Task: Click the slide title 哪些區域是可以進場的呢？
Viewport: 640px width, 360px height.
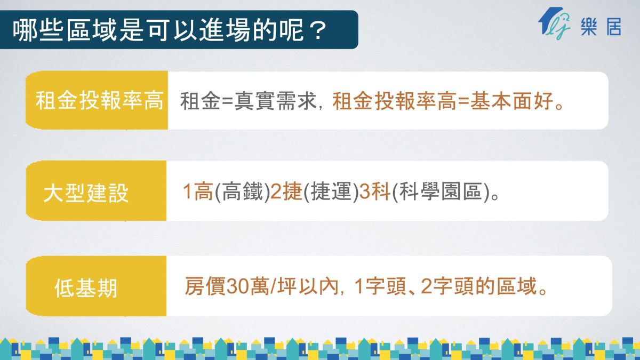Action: coord(170,30)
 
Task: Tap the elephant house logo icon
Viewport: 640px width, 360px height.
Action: coord(554,23)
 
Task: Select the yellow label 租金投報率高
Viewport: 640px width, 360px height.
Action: coord(99,101)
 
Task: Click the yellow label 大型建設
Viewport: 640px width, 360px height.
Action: coord(86,193)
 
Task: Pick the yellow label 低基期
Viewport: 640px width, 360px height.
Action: coord(86,289)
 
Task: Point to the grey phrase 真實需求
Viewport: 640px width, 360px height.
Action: coord(275,101)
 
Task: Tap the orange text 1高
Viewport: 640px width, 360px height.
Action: coord(198,191)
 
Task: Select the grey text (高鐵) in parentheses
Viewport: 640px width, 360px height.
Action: coord(242,191)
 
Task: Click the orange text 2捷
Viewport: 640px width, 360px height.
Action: coord(286,191)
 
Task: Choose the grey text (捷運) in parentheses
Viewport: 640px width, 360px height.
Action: coord(331,191)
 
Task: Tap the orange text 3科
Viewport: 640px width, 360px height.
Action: coord(375,191)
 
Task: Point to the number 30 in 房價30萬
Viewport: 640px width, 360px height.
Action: coord(238,286)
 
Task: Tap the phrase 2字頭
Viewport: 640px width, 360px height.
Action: coord(447,286)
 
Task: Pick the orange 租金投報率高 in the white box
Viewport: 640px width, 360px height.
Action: coord(395,101)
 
